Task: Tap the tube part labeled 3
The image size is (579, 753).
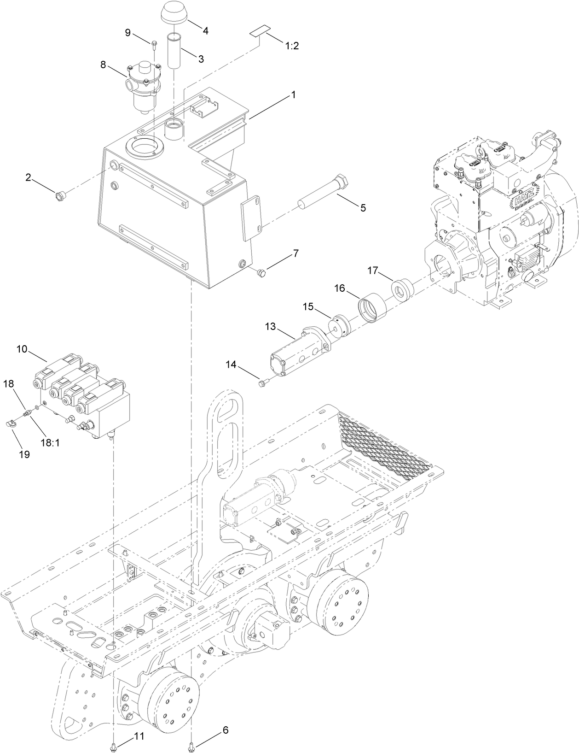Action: [175, 51]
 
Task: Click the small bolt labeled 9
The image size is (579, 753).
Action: [154, 44]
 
